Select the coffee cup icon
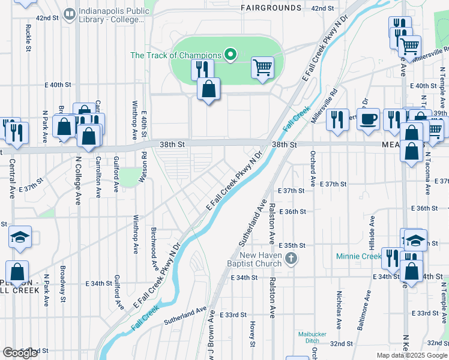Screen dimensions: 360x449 pos(368,118)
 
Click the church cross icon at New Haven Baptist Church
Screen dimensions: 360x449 pos(291,259)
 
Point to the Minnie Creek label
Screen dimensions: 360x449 pos(359,256)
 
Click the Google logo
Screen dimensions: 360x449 pos(20,353)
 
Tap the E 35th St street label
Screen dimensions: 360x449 pos(295,245)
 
